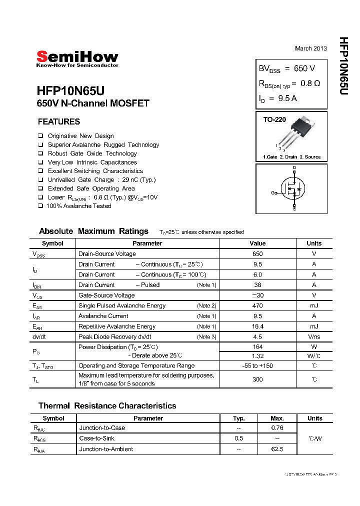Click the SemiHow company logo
click(x=77, y=59)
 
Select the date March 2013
click(x=310, y=48)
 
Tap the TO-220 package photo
click(x=299, y=133)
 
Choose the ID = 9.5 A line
click(x=277, y=98)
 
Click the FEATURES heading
click(x=59, y=121)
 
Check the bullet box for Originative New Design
click(x=40, y=136)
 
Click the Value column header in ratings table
click(x=257, y=243)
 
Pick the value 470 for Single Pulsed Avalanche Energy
click(x=257, y=305)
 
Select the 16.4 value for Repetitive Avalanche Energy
click(x=257, y=326)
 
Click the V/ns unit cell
click(x=314, y=337)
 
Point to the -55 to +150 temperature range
click(x=257, y=366)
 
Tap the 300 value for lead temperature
click(x=257, y=379)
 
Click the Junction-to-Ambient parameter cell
click(x=106, y=449)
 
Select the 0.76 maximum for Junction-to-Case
click(x=277, y=428)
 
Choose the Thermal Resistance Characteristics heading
click(x=107, y=406)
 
